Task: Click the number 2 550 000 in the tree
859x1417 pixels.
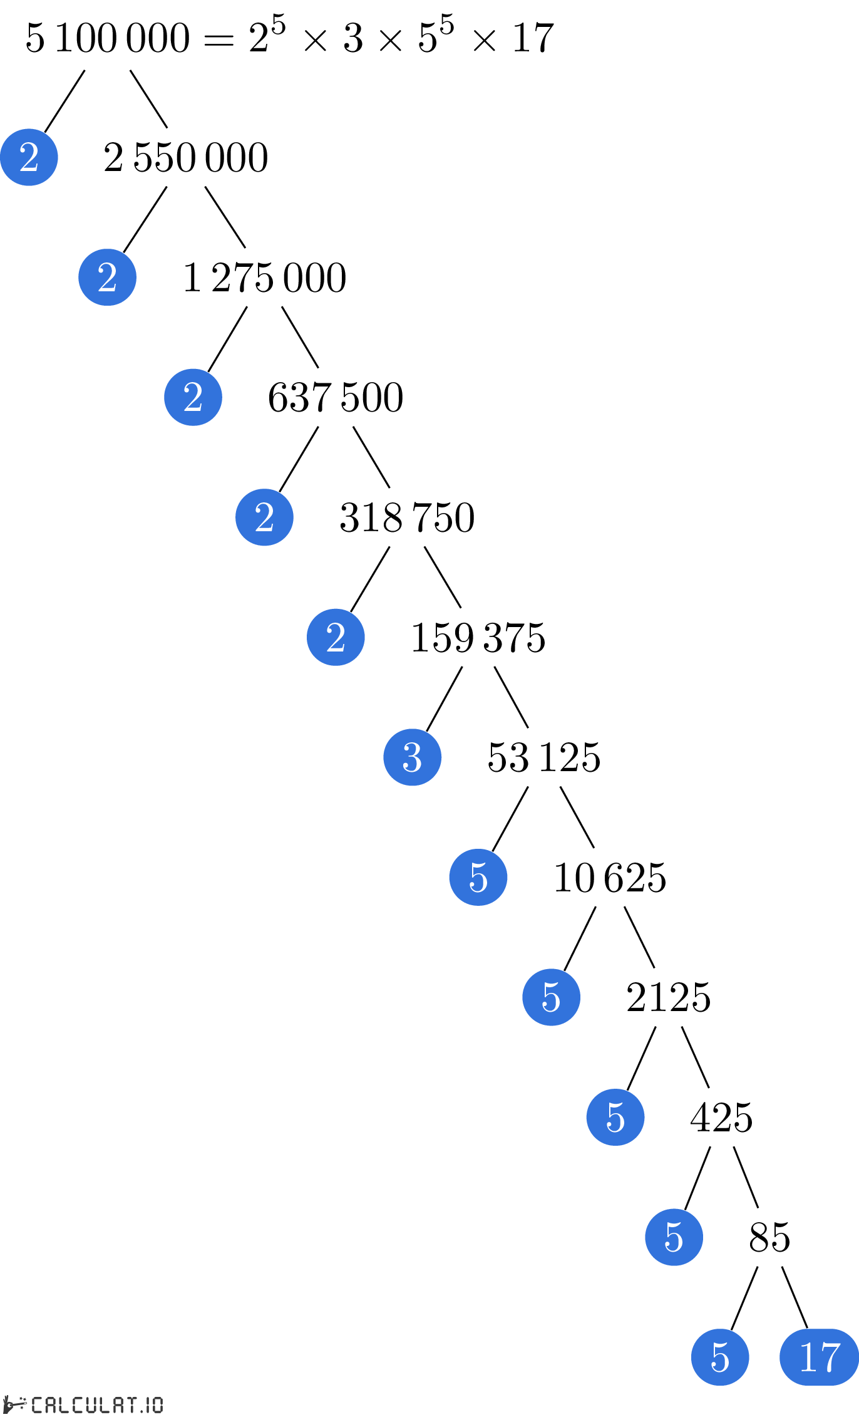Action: pyautogui.click(x=186, y=157)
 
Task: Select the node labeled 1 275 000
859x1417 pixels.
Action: pyautogui.click(x=265, y=278)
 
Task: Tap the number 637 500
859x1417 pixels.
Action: pyautogui.click(x=336, y=397)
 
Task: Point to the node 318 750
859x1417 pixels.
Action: pyautogui.click(x=407, y=517)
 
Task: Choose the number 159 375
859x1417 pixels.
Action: pyautogui.click(x=478, y=638)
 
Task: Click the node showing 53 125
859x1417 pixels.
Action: pyautogui.click(x=544, y=757)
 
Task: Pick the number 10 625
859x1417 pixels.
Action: pyautogui.click(x=610, y=878)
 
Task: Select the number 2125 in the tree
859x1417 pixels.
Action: pyautogui.click(x=669, y=997)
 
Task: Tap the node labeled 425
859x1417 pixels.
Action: pyautogui.click(x=721, y=1118)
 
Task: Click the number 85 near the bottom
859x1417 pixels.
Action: pyautogui.click(x=769, y=1238)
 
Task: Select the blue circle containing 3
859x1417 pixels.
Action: pyautogui.click(x=413, y=757)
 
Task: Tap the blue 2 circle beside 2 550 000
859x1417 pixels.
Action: pyautogui.click(x=29, y=157)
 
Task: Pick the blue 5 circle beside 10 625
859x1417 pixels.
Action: pyautogui.click(x=478, y=878)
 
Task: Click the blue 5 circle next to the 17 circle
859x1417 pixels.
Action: pyautogui.click(x=720, y=1357)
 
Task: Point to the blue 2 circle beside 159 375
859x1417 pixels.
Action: pyautogui.click(x=336, y=638)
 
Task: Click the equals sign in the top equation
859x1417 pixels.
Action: pyautogui.click(x=219, y=41)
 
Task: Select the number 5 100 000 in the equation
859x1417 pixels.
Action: pyautogui.click(x=108, y=38)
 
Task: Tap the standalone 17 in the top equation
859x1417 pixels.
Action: pyautogui.click(x=533, y=38)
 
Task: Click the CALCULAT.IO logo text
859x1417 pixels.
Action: pyautogui.click(x=83, y=1405)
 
